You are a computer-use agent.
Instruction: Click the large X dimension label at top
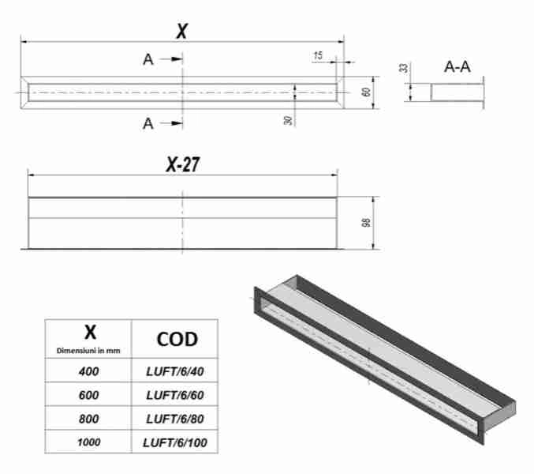point(182,30)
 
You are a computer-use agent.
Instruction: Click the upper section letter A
point(148,59)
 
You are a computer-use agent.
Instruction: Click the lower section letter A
point(148,123)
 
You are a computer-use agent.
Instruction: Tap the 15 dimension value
point(318,55)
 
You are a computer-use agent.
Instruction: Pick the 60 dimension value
point(366,92)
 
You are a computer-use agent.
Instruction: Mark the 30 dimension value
point(289,120)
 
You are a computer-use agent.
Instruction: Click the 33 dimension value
point(404,69)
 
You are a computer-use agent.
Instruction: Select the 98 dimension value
point(366,223)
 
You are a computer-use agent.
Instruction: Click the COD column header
point(176,338)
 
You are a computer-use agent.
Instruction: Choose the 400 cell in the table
point(88,371)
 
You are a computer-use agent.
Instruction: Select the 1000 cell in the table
point(88,443)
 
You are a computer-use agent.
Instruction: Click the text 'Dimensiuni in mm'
point(88,350)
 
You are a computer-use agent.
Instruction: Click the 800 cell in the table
point(88,419)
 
